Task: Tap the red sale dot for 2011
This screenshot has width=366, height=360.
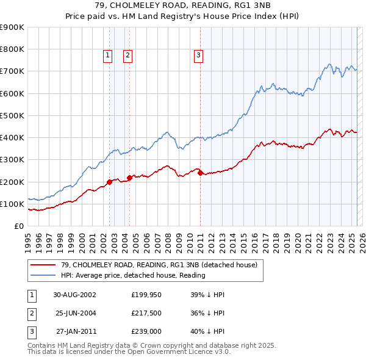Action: point(201,173)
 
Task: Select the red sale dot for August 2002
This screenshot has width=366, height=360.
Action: point(109,182)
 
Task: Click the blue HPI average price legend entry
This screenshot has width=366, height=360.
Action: point(133,275)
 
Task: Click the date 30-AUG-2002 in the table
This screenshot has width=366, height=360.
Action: point(74,294)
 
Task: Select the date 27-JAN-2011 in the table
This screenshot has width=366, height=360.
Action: point(76,332)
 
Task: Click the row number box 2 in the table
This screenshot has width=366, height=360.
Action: point(30,313)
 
